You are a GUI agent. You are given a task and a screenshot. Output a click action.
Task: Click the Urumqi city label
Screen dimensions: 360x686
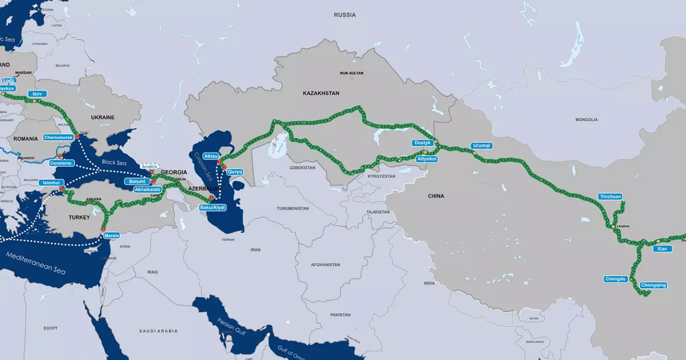click(481, 146)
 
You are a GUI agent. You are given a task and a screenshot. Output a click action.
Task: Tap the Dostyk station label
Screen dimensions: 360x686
click(421, 143)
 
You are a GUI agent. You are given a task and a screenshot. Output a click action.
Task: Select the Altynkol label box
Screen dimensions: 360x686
click(428, 159)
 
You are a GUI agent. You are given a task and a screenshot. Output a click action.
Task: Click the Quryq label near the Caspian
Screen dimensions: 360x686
click(235, 171)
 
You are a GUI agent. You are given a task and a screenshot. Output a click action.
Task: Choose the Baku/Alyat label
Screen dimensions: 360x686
click(212, 207)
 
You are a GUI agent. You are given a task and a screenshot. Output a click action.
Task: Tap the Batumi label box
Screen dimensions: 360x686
click(137, 181)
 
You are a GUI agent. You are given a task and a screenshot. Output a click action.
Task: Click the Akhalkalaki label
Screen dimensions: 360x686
click(147, 189)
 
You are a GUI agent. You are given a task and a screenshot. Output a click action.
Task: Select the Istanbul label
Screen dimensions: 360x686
click(51, 183)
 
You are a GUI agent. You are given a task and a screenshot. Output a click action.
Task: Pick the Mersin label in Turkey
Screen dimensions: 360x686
click(112, 235)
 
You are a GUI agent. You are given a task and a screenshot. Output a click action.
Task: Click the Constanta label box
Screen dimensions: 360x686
click(61, 163)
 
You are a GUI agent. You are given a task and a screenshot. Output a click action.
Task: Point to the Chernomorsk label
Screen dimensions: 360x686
click(58, 138)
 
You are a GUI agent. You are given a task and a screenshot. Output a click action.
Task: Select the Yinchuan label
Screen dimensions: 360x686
click(610, 197)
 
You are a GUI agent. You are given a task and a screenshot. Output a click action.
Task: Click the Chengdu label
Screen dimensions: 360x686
click(616, 279)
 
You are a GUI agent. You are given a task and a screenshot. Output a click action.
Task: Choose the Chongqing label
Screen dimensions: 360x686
click(653, 285)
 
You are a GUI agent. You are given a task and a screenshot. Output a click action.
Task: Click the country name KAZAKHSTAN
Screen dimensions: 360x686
click(321, 93)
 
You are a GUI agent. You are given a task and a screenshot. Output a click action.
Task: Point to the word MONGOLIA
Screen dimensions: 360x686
click(587, 119)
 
